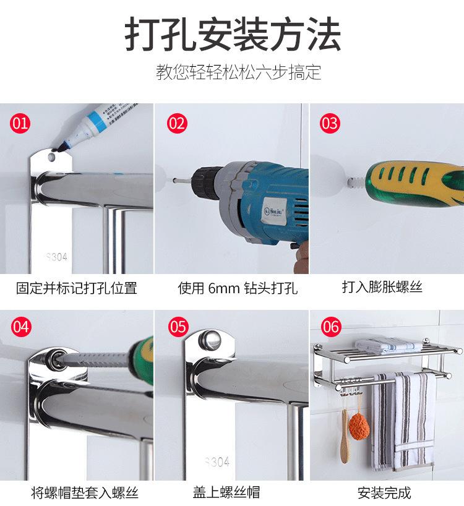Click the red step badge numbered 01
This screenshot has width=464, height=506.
[x=20, y=123]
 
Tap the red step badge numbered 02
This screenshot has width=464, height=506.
[x=177, y=123]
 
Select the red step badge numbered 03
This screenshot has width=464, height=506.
[x=330, y=123]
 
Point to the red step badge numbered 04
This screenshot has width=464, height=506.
[x=21, y=327]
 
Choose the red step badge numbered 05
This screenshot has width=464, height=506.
[x=178, y=327]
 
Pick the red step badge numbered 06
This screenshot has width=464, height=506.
[x=331, y=327]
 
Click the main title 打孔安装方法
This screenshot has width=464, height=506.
[x=233, y=34]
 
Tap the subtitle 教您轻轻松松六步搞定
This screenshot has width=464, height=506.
[x=238, y=72]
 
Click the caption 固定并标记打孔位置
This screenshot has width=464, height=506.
[x=77, y=288]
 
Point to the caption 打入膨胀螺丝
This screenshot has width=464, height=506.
[x=382, y=286]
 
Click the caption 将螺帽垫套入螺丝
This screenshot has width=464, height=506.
[x=85, y=493]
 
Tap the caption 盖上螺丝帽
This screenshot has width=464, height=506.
[x=226, y=492]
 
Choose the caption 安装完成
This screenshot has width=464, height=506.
[x=384, y=493]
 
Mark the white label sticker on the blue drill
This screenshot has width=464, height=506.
[x=274, y=212]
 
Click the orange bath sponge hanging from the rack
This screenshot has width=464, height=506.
[x=359, y=426]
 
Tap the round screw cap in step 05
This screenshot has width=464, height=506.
[x=210, y=340]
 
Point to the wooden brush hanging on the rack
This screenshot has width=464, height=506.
[x=345, y=435]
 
